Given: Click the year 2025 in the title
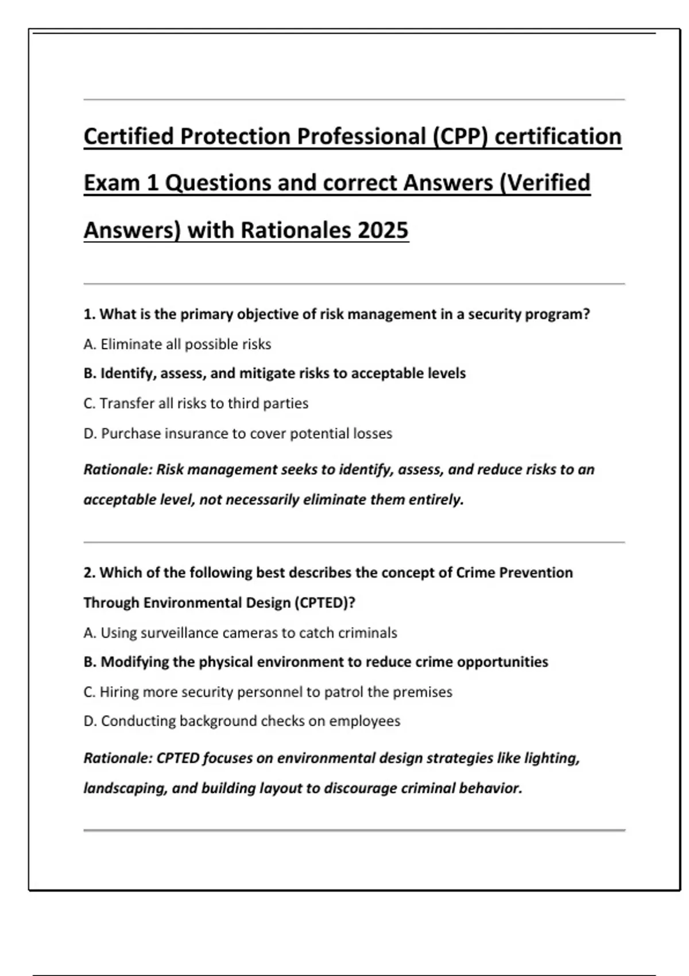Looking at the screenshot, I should click(383, 230).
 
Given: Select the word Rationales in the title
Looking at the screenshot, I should click(295, 230).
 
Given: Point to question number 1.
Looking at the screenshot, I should click(88, 315).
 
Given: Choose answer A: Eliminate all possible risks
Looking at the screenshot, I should click(177, 344).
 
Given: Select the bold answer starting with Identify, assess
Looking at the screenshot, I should click(274, 374).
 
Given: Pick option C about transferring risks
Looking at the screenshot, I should click(195, 404).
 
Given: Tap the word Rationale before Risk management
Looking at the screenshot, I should click(118, 470).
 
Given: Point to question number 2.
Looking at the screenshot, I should click(88, 573).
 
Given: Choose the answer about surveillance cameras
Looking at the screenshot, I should click(240, 633).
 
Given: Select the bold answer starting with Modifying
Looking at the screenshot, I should click(316, 662).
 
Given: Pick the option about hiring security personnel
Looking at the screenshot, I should click(268, 692).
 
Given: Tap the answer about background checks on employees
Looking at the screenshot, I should click(242, 721).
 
